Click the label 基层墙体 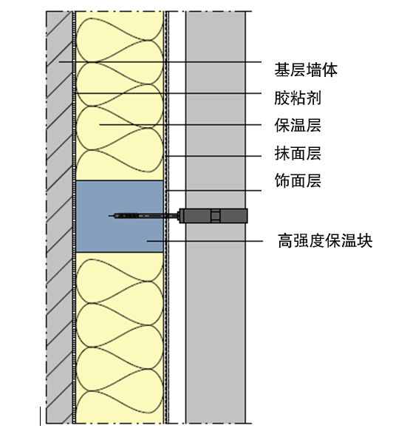click(x=306, y=69)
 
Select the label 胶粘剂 click(x=298, y=98)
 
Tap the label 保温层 click(x=298, y=126)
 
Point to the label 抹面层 click(x=298, y=153)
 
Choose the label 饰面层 click(x=298, y=180)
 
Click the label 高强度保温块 click(x=325, y=240)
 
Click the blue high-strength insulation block click(x=120, y=216)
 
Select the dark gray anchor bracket click(x=213, y=216)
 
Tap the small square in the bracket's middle click(x=216, y=216)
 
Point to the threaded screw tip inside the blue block click(x=126, y=216)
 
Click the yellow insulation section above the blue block click(x=120, y=96)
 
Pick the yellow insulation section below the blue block click(x=120, y=338)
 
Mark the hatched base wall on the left click(x=59, y=217)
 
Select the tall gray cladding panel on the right click(x=216, y=217)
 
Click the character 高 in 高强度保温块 click(x=285, y=240)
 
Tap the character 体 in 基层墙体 click(x=329, y=69)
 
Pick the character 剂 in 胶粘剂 click(x=314, y=98)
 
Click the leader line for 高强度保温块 click(x=205, y=241)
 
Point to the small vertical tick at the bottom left click(x=41, y=416)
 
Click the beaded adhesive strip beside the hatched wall click(x=74, y=217)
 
